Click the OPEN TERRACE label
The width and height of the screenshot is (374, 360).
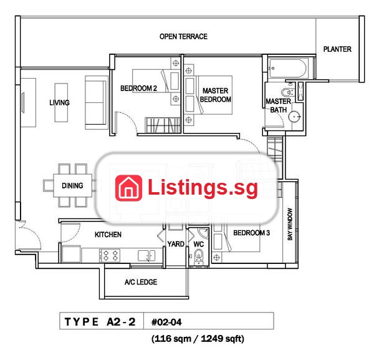pyautogui.click(x=183, y=37)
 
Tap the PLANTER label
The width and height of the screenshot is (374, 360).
pyautogui.click(x=337, y=49)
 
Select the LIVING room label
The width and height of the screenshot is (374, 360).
pyautogui.click(x=59, y=103)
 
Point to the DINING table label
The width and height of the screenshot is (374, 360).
pyautogui.click(x=72, y=185)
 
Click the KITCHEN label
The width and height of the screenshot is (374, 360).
pyautogui.click(x=108, y=235)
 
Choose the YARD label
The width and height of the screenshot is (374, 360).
pyautogui.click(x=176, y=244)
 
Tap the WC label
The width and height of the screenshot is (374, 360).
pyautogui.click(x=198, y=244)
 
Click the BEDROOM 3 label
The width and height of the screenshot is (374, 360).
pyautogui.click(x=251, y=233)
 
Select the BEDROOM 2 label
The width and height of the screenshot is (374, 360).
pyautogui.click(x=138, y=89)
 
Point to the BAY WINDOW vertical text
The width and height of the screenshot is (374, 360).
pyautogui.click(x=290, y=224)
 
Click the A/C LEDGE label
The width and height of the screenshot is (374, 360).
pyautogui.click(x=141, y=282)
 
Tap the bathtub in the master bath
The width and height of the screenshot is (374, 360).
pyautogui.click(x=287, y=68)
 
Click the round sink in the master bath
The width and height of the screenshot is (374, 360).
pyautogui.click(x=294, y=117)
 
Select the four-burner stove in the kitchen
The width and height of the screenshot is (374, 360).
pyautogui.click(x=110, y=255)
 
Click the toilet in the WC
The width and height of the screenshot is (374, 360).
pyautogui.click(x=198, y=256)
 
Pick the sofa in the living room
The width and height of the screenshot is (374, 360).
pyautogui.click(x=97, y=103)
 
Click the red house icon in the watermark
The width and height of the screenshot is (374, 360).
pyautogui.click(x=128, y=188)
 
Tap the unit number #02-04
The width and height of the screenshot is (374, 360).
pyautogui.click(x=166, y=323)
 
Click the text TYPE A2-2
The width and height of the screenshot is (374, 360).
pyautogui.click(x=100, y=322)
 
